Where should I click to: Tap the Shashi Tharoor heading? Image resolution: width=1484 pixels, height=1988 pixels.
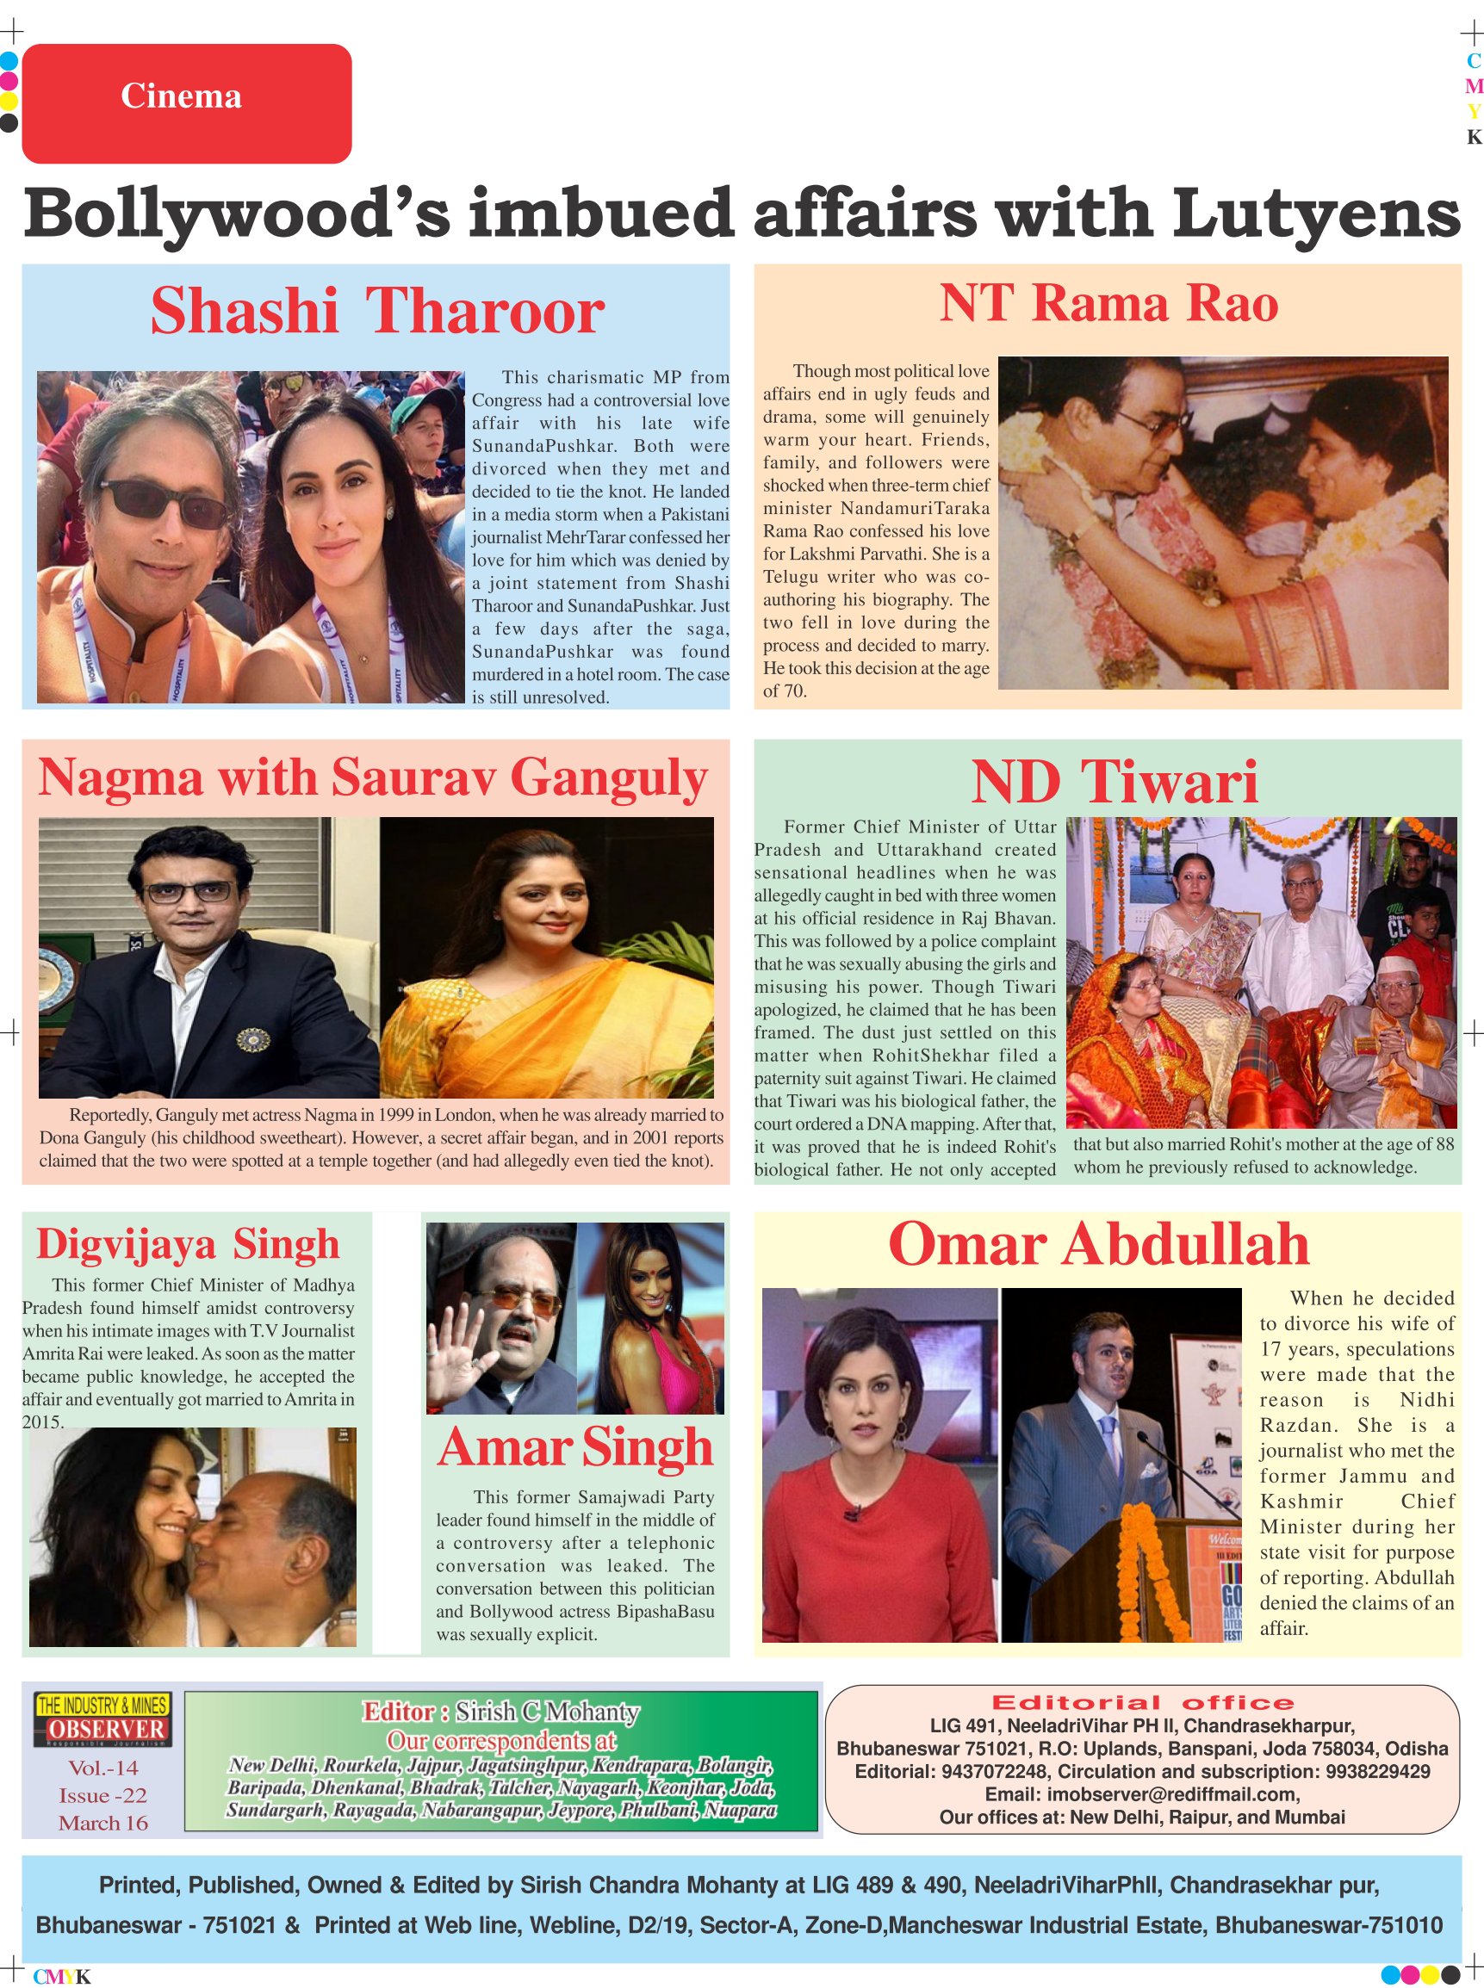[377, 311]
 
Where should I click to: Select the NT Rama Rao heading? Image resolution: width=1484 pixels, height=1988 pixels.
[1108, 304]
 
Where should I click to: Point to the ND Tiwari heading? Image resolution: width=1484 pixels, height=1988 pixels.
[1114, 782]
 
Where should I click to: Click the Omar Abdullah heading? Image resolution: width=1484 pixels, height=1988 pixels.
[1098, 1244]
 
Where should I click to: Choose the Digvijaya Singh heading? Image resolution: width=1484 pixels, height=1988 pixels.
[188, 1244]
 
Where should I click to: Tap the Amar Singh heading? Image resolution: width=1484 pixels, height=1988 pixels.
[576, 1448]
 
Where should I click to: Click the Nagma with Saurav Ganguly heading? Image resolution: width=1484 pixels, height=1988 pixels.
[373, 777]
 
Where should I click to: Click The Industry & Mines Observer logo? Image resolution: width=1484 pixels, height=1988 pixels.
[102, 1719]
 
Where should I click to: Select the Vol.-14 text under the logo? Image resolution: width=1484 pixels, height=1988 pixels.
[103, 1768]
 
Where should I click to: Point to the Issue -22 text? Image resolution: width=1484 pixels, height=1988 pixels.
[103, 1795]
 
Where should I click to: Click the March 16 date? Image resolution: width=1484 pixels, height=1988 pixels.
[103, 1823]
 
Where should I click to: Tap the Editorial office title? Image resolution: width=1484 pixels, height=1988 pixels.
[1142, 1702]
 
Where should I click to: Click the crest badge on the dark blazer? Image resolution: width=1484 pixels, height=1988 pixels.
[252, 1040]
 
